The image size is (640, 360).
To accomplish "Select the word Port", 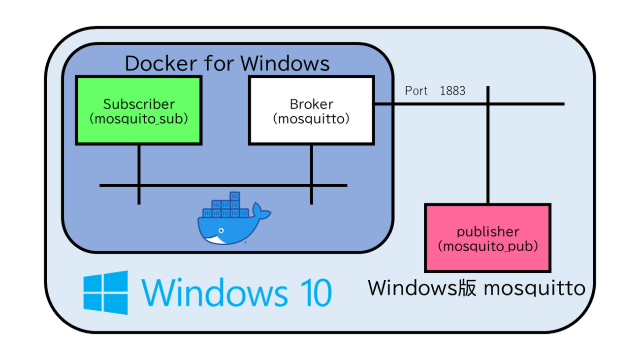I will (416, 91).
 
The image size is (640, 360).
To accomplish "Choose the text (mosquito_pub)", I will (488, 246).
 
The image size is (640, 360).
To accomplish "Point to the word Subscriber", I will (139, 104).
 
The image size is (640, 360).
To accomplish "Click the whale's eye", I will (222, 230).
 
